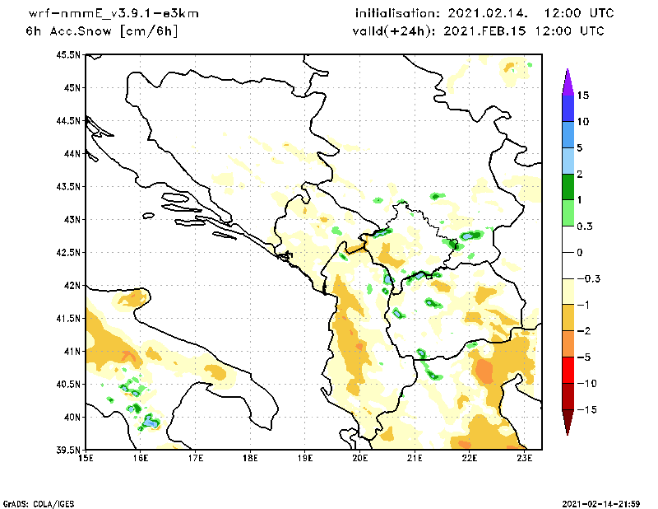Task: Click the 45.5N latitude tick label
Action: tap(68, 55)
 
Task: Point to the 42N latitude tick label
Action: tap(72, 286)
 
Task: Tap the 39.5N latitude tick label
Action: tap(68, 451)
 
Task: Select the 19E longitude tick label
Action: tap(305, 458)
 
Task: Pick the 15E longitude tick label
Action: tap(85, 458)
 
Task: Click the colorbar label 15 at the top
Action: tap(582, 96)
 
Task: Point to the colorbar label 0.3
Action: tap(585, 226)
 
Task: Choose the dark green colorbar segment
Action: tap(567, 187)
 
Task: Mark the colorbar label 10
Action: tap(582, 122)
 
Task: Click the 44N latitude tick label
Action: tap(72, 154)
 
